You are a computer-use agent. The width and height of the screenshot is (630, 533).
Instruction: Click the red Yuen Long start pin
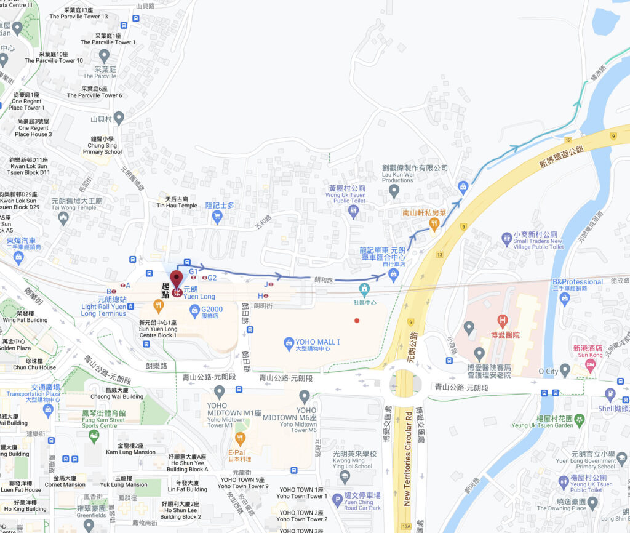click(x=177, y=279)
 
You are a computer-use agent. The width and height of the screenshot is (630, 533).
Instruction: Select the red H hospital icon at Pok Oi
click(x=503, y=320)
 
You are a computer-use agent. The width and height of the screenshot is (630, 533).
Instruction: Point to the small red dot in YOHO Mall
click(x=357, y=320)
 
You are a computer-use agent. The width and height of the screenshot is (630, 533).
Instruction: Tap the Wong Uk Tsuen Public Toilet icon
click(x=353, y=212)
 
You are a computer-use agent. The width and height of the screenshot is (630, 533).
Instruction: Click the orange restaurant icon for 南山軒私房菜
click(x=434, y=225)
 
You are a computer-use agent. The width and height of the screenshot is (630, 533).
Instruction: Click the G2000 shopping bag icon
click(x=195, y=310)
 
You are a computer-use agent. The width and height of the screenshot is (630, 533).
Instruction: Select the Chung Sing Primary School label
click(x=103, y=148)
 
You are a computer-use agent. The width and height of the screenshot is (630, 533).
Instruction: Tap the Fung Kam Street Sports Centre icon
click(x=94, y=436)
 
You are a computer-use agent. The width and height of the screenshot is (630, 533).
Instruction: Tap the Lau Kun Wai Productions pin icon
click(x=394, y=191)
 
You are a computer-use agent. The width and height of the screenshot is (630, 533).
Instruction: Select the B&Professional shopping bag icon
click(x=565, y=299)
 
